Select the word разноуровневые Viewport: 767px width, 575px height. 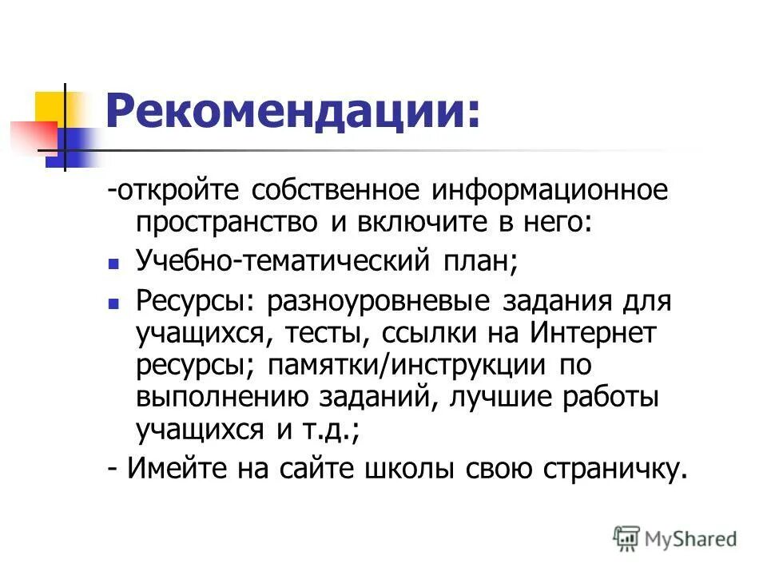(x=378, y=303)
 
